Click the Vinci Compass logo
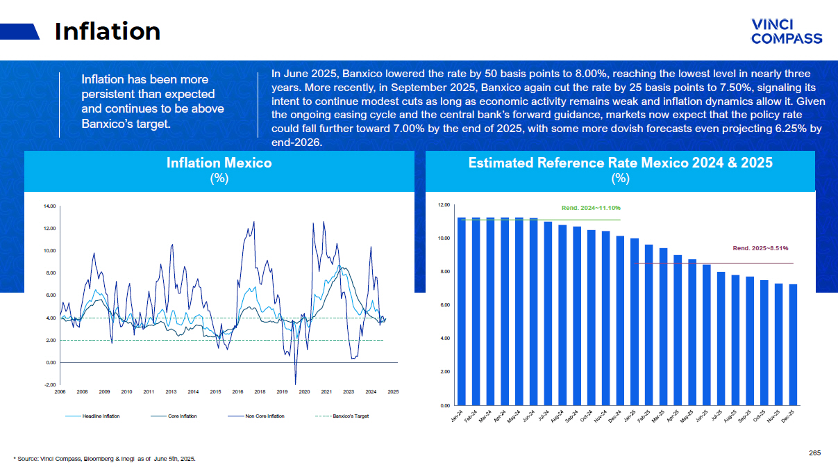(787, 31)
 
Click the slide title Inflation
(108, 31)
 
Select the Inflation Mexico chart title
(219, 163)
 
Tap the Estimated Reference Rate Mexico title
(620, 163)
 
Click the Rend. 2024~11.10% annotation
(590, 208)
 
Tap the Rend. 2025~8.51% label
(760, 247)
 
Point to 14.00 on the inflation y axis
(49, 206)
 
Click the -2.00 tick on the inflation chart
(49, 384)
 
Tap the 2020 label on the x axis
(303, 393)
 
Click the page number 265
(814, 453)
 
